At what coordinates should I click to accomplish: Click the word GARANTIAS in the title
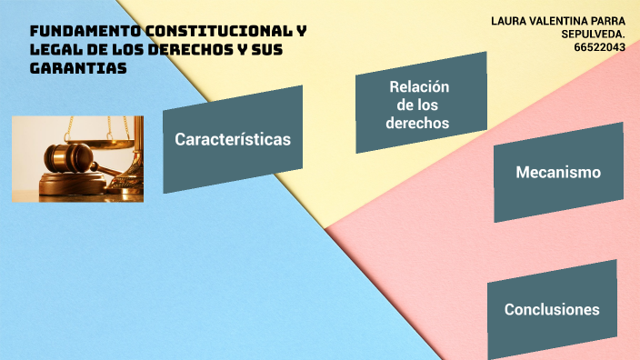(x=78, y=68)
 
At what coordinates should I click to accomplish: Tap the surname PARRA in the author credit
(x=610, y=20)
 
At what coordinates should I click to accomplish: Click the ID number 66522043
(x=599, y=47)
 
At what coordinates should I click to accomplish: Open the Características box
(x=233, y=139)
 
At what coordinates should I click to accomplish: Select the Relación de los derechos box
(x=419, y=104)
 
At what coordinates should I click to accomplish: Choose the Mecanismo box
(x=557, y=172)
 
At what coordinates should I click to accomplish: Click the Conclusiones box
(x=552, y=309)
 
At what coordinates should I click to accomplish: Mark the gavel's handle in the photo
(x=109, y=170)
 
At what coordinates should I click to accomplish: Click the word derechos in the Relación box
(x=417, y=123)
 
